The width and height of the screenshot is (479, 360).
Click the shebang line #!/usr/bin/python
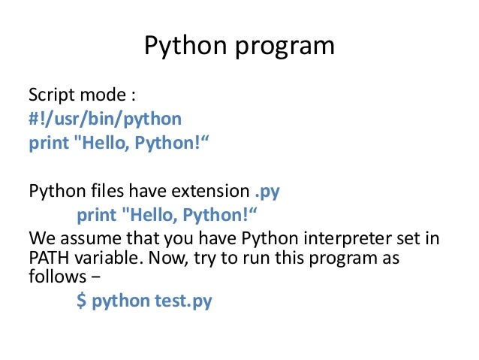coord(104,120)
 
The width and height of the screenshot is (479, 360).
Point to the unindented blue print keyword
coord(47,144)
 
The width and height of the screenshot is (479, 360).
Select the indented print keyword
coord(96,216)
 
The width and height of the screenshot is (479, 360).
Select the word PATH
coord(49,259)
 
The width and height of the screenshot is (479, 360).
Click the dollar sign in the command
coord(81,301)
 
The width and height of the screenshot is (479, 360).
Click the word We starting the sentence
coord(41,239)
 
